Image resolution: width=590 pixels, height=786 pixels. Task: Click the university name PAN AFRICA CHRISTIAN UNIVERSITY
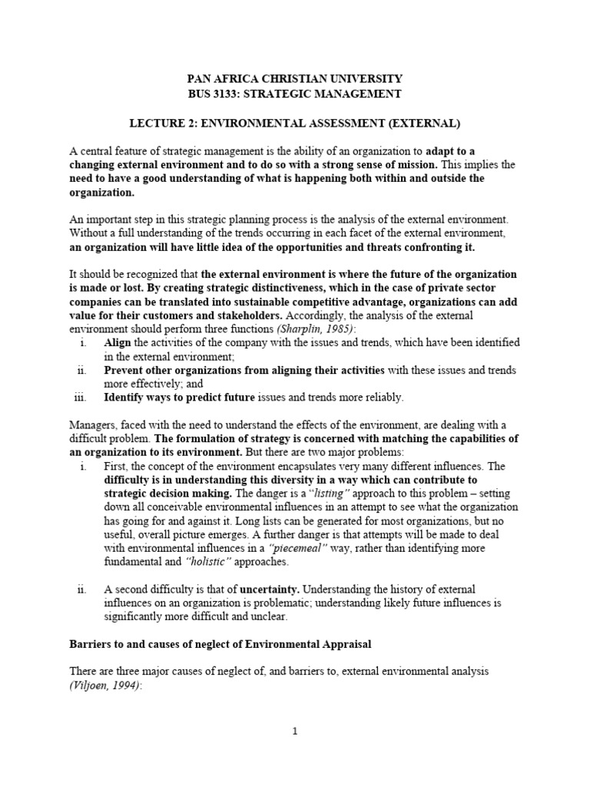[295, 79]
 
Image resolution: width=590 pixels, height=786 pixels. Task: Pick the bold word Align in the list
[118, 342]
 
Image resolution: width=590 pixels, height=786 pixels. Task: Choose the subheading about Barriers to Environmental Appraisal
[223, 642]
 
